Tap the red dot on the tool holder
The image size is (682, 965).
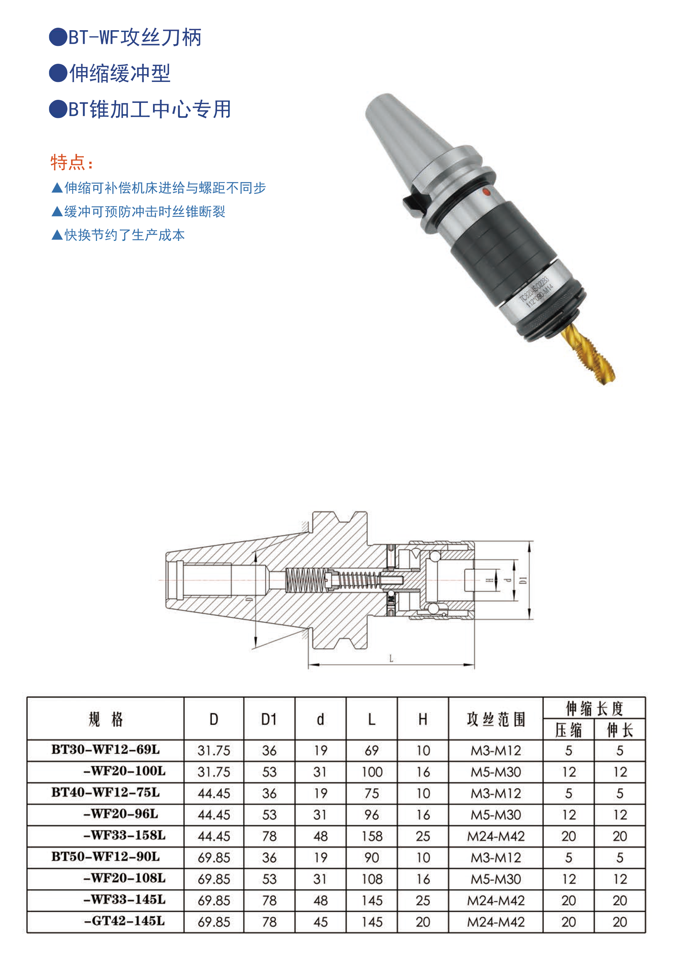(x=486, y=193)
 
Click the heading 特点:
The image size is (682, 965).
(x=71, y=162)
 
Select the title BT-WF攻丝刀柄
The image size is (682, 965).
(x=135, y=37)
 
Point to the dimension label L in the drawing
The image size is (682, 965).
(x=391, y=658)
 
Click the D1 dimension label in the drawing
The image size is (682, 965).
(x=523, y=580)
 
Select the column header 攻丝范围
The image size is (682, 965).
(x=496, y=719)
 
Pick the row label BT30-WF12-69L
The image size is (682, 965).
(x=106, y=749)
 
